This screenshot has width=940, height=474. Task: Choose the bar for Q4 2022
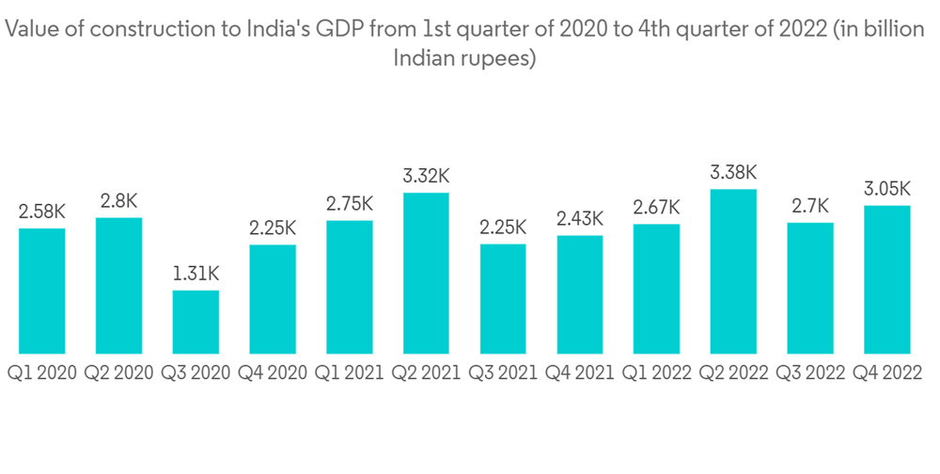point(887,279)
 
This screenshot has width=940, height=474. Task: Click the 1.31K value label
point(196,274)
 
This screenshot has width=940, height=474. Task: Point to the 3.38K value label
point(733,173)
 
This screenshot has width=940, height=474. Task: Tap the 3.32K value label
point(426,177)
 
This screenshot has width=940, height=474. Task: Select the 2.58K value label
point(42,212)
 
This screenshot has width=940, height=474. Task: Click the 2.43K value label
point(580,219)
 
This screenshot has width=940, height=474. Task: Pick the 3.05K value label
point(887,189)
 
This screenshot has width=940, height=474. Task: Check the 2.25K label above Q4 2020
point(273,229)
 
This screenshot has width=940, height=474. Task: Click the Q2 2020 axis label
point(118,373)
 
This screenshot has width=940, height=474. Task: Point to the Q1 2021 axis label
point(349,373)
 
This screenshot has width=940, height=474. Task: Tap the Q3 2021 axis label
point(503,373)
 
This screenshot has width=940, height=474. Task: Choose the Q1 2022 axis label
point(656,373)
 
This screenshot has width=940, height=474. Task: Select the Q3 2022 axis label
point(810,373)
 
